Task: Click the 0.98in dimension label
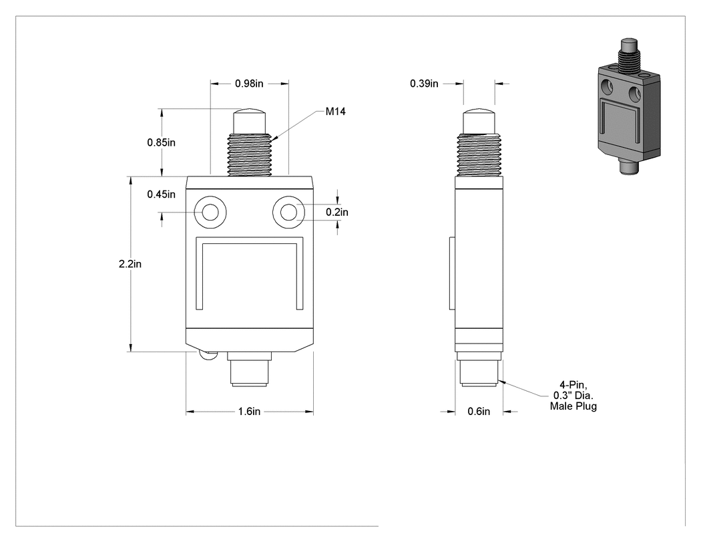[x=249, y=84]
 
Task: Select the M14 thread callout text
[x=335, y=112]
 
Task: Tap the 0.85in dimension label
[x=162, y=142]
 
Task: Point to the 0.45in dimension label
[x=162, y=194]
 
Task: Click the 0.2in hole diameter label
[x=336, y=212]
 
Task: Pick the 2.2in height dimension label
[x=130, y=264]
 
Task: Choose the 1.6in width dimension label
[x=249, y=411]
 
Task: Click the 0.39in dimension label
[x=424, y=84]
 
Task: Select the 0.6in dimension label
[x=479, y=411]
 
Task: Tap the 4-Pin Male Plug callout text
[x=573, y=395]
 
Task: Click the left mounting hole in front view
[x=210, y=212]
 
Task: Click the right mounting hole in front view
[x=289, y=212]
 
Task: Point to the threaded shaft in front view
[x=250, y=154]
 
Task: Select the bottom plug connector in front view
[x=250, y=369]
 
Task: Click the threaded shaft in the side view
[x=479, y=154]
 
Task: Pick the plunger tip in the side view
[x=479, y=121]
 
